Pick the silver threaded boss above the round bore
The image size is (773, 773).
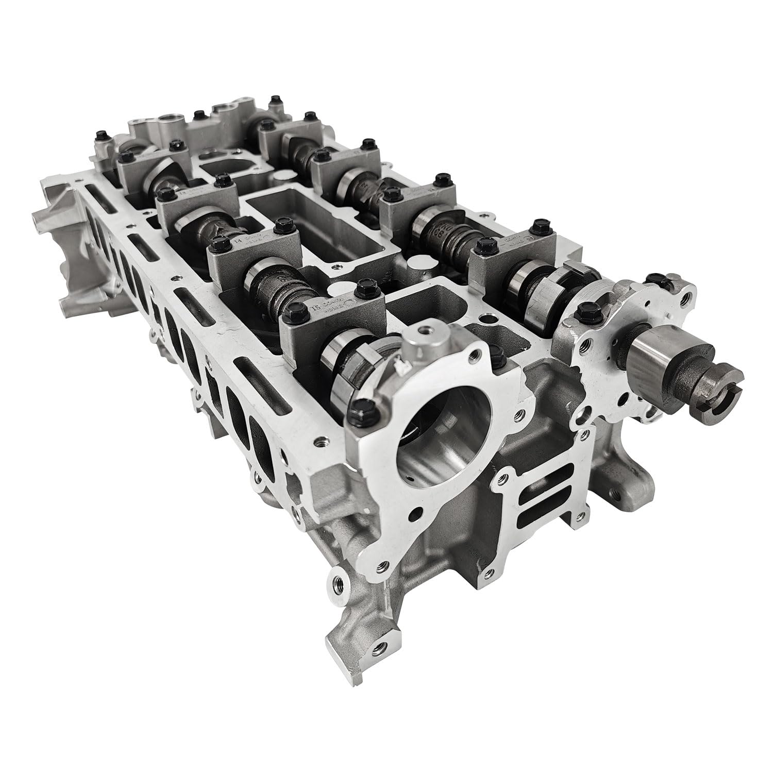point(421,343)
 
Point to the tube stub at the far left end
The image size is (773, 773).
point(39,219)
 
